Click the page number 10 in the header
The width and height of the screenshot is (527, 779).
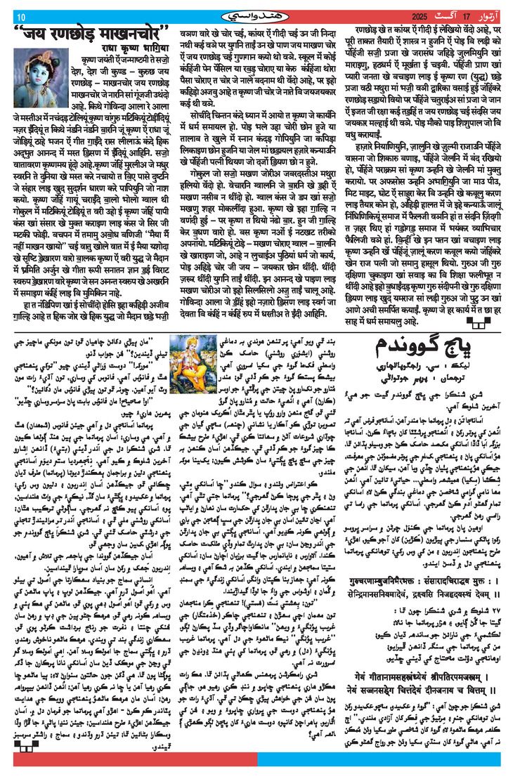point(20,17)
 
